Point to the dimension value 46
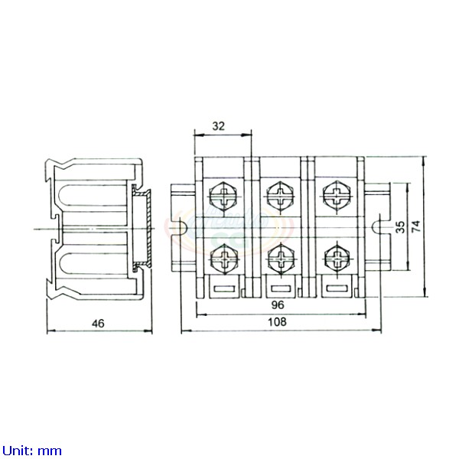[98, 323]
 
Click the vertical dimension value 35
[400, 226]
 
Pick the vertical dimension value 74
[416, 226]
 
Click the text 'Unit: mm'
[31, 451]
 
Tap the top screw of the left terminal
[224, 196]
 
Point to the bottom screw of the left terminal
[224, 258]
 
